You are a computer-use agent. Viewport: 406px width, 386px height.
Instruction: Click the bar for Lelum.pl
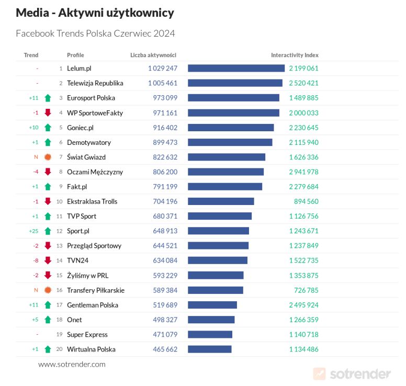tap(236, 68)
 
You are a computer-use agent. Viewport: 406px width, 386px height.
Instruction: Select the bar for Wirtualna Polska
tap(209, 349)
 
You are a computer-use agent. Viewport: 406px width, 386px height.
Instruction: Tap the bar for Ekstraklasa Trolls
tap(221, 201)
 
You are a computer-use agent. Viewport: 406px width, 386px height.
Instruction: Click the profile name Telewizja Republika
tap(95, 83)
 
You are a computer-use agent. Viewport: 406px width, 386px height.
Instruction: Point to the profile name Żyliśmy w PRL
tap(87, 276)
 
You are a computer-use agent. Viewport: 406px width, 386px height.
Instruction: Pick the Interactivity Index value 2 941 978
tap(303, 172)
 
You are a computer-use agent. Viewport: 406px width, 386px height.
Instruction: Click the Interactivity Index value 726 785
tap(306, 290)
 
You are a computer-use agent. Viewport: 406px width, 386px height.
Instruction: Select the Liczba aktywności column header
tap(153, 55)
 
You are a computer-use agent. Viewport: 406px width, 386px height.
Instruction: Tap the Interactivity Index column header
tap(295, 55)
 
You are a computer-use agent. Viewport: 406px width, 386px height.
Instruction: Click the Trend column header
tap(31, 55)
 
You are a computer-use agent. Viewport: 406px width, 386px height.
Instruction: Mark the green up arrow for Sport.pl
tap(48, 231)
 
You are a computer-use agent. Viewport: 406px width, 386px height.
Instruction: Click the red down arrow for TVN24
tap(48, 260)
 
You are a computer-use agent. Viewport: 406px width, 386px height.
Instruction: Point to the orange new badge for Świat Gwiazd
tap(48, 157)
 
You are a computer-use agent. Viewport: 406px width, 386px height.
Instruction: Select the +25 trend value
tap(33, 231)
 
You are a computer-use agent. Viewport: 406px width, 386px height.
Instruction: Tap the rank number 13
tap(60, 246)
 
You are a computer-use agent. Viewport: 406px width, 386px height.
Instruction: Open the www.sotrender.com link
tap(72, 364)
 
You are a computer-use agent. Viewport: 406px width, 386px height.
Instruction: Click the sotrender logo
tap(352, 373)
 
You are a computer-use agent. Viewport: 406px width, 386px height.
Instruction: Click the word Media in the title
tap(32, 13)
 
